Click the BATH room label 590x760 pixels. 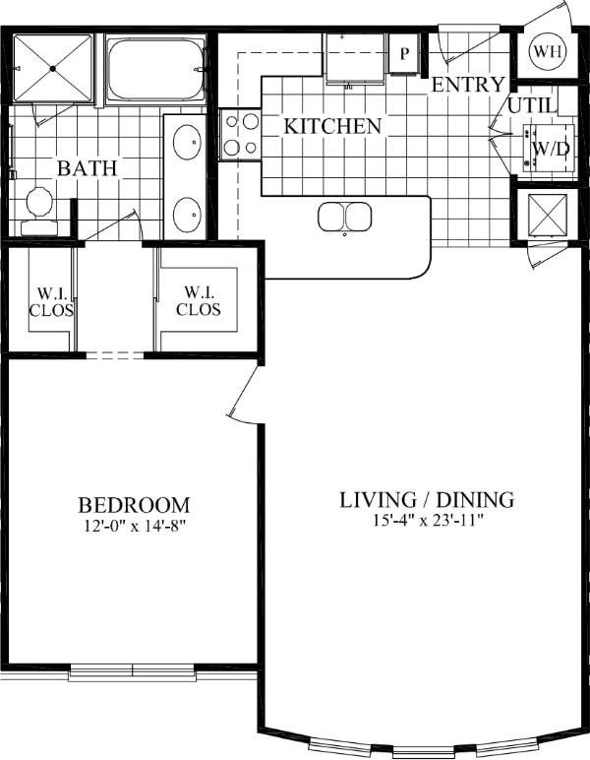coord(87,168)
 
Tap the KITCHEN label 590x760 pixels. coord(332,127)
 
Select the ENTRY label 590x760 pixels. coord(468,85)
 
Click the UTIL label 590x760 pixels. coord(532,106)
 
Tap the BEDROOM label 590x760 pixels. coord(134,505)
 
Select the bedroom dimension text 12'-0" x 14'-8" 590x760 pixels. coord(134,526)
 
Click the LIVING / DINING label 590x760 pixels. coord(426,499)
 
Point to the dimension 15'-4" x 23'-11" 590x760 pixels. coord(426,521)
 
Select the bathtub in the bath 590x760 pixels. coord(154,69)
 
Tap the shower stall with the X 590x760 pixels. coord(54,67)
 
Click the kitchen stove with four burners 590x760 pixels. coord(240,134)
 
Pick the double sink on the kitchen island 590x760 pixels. coord(344,217)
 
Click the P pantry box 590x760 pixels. coord(403,54)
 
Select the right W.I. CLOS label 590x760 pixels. coord(199,301)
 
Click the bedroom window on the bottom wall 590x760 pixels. coord(132,673)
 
